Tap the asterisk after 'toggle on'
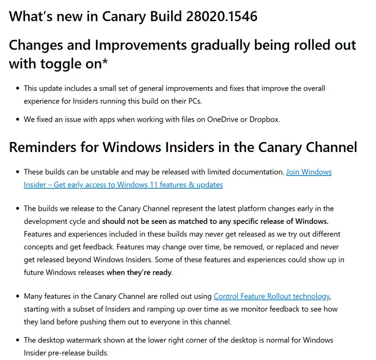(x=105, y=63)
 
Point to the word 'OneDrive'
(x=223, y=119)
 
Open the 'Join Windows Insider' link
(x=309, y=172)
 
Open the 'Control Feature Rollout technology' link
(x=272, y=296)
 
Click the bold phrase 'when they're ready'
(x=139, y=272)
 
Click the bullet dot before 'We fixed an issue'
(x=18, y=120)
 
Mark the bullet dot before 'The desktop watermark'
(x=18, y=340)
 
